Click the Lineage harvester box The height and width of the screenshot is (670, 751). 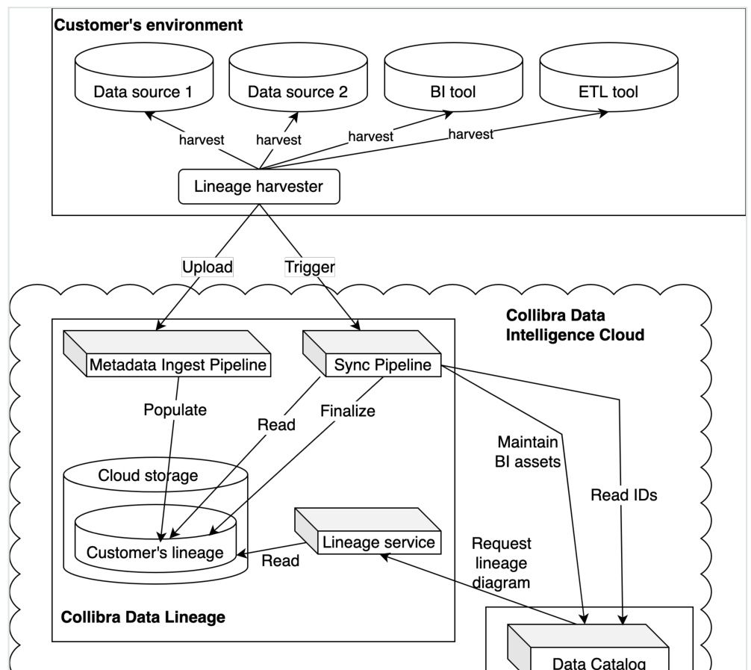tap(258, 187)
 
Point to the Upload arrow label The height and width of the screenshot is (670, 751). tap(208, 267)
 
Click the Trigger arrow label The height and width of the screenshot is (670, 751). tap(309, 267)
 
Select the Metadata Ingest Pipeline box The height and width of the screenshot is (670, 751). tap(178, 365)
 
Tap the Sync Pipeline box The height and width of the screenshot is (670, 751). tap(382, 365)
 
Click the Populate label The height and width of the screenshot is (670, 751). tap(175, 410)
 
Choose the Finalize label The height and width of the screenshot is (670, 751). tap(347, 411)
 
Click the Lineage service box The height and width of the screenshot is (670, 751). tap(378, 542)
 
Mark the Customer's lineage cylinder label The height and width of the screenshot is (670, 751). tap(155, 553)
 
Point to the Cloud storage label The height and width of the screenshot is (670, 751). tap(148, 476)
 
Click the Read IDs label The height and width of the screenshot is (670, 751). tap(623, 494)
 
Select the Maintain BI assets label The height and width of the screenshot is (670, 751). tap(527, 452)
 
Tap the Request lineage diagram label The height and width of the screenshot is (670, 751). tap(501, 563)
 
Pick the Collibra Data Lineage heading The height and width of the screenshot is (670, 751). tap(143, 617)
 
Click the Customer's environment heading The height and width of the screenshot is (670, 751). tap(148, 25)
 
